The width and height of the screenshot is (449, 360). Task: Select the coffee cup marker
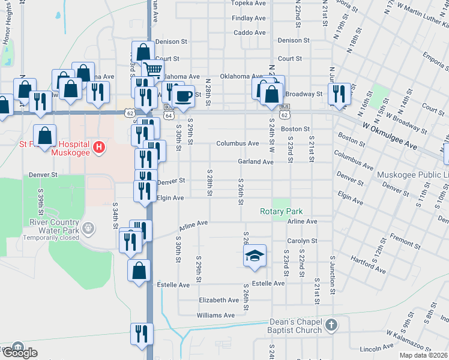pyautogui.click(x=184, y=95)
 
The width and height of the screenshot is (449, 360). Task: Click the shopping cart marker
pyautogui.click(x=153, y=70)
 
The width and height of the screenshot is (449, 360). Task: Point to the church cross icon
pyautogui.click(x=331, y=326)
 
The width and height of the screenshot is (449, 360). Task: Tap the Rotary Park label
pyautogui.click(x=281, y=212)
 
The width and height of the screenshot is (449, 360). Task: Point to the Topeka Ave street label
pyautogui.click(x=249, y=3)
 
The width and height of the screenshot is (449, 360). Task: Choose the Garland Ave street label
pyautogui.click(x=255, y=162)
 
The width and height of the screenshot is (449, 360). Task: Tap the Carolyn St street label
pyautogui.click(x=301, y=241)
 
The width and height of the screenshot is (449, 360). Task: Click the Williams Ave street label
pyautogui.click(x=215, y=315)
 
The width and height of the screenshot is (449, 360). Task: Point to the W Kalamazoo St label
pyautogui.click(x=409, y=334)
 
